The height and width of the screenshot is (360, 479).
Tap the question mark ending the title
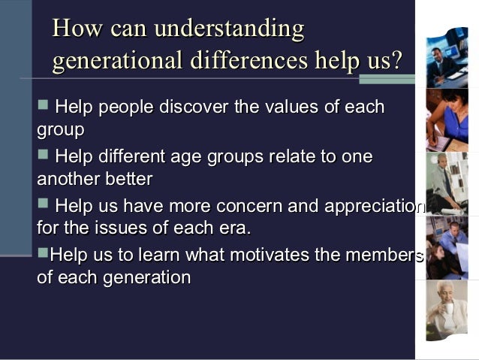[396, 60]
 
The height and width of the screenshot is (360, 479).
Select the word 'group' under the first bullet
[60, 130]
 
